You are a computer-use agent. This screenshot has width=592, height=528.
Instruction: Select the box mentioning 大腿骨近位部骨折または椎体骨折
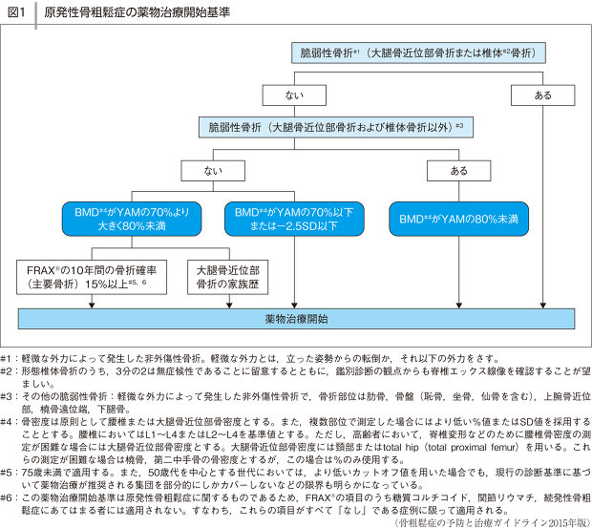click(418, 53)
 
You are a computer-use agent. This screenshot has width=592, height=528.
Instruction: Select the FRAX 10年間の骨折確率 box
click(92, 277)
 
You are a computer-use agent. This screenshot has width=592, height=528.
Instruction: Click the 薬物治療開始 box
click(296, 318)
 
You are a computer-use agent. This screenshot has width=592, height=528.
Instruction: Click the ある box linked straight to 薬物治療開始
click(542, 95)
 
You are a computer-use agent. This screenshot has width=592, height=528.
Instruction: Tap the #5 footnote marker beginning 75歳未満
click(7, 473)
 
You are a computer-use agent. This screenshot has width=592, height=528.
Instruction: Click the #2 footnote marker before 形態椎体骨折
click(7, 367)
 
